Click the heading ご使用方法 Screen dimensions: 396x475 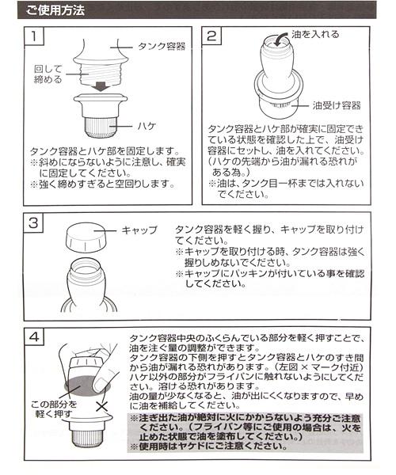(55, 10)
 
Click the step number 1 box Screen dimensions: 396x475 (33, 36)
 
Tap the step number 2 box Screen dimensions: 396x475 (211, 36)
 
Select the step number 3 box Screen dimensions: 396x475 (33, 223)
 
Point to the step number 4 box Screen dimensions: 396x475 (34, 336)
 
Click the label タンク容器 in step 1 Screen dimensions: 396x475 (162, 47)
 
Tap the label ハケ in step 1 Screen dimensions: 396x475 (147, 125)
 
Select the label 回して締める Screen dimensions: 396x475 (48, 74)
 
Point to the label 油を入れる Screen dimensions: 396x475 (315, 34)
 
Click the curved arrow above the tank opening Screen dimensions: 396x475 (280, 40)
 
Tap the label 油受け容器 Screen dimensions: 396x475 (337, 105)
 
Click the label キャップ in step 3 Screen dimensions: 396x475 (139, 230)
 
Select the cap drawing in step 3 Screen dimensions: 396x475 (86, 238)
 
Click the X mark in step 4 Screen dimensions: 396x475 (102, 406)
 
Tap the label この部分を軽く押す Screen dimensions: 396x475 (54, 408)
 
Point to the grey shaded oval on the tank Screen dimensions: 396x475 (87, 385)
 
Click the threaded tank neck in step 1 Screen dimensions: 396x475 (101, 74)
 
